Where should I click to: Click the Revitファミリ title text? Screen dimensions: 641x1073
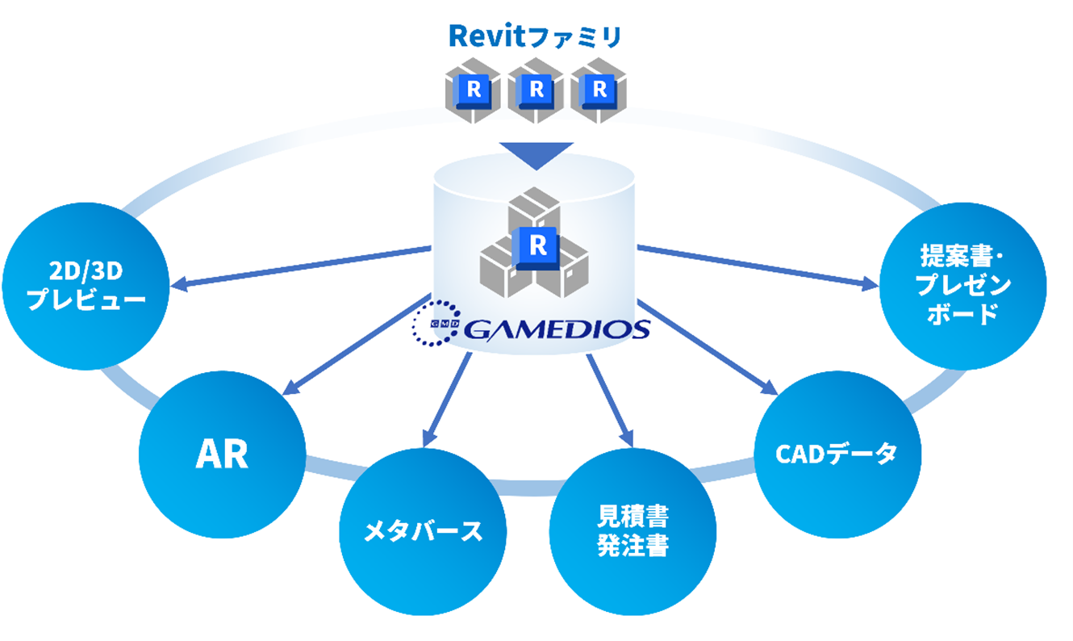click(535, 36)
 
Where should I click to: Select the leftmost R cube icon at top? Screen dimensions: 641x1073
click(473, 90)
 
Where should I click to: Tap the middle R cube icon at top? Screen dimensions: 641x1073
click(536, 90)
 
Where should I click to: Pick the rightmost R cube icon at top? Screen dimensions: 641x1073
click(598, 90)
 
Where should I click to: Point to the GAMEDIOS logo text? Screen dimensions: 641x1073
click(556, 329)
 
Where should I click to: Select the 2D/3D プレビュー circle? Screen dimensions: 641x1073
click(87, 287)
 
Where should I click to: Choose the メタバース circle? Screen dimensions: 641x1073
click(423, 531)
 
